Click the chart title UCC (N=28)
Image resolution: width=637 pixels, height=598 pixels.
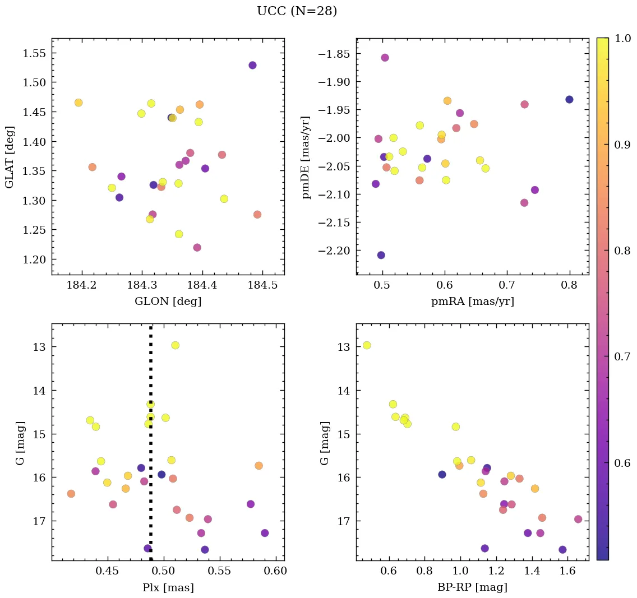[x=297, y=11]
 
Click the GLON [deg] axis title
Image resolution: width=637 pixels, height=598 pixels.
[x=168, y=302]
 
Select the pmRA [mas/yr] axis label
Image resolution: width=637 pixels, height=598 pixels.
[x=472, y=302]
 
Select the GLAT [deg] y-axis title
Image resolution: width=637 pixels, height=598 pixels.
[x=10, y=156]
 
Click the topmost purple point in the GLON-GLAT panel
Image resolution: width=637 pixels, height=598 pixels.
[x=252, y=66]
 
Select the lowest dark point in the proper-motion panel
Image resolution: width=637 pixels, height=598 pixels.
[x=381, y=255]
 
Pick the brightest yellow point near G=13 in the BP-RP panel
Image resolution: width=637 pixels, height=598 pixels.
[x=367, y=345]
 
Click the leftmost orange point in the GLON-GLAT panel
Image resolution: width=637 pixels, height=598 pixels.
[x=79, y=103]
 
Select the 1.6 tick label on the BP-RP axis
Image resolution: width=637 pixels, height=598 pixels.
[x=568, y=571]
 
